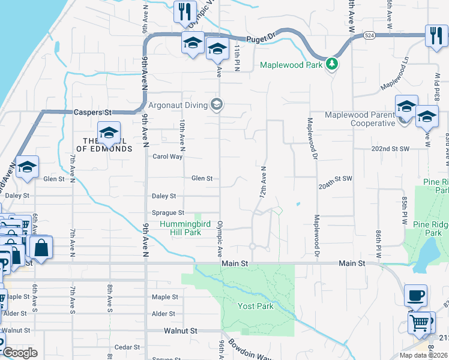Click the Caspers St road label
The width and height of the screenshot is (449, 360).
pyautogui.click(x=93, y=112)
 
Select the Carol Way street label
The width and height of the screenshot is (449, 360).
pyautogui.click(x=167, y=157)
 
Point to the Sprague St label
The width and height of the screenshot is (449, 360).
pyautogui.click(x=167, y=213)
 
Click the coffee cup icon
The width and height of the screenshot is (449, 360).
pyautogui.click(x=415, y=295)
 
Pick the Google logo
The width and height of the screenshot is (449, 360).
pyautogui.click(x=20, y=353)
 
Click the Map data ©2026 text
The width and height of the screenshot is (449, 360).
pyautogui.click(x=423, y=355)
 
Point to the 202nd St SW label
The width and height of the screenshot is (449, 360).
pyautogui.click(x=390, y=148)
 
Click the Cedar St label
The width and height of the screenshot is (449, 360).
pyautogui.click(x=127, y=347)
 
